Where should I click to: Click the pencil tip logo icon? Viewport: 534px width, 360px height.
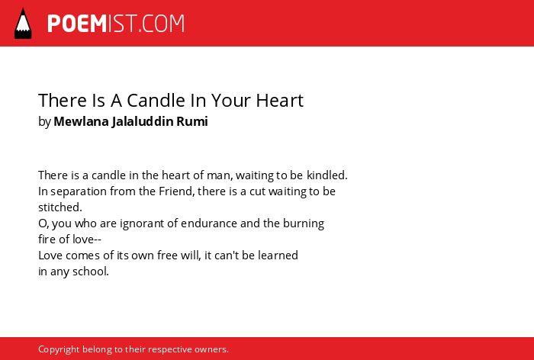[23, 24]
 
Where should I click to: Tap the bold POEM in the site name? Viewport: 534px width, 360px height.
[77, 24]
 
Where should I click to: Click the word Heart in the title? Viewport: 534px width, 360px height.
[280, 101]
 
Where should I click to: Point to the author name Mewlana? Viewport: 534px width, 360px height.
[81, 121]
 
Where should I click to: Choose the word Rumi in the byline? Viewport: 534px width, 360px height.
[192, 121]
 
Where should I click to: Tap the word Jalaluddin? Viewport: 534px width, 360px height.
[143, 121]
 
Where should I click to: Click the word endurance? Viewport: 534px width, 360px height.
[209, 223]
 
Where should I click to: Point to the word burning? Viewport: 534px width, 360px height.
[304, 223]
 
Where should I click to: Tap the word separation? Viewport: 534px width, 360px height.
[79, 191]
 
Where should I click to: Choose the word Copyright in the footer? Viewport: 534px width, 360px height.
[59, 349]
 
